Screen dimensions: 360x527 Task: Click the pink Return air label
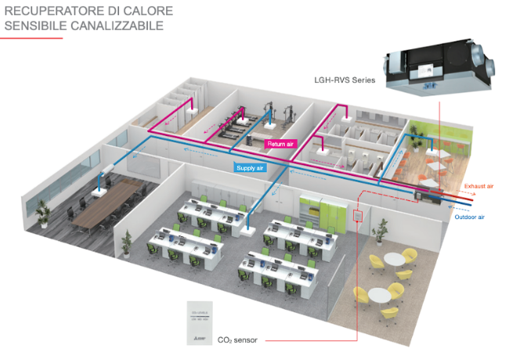click(x=280, y=144)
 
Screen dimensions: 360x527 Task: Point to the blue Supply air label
click(x=249, y=167)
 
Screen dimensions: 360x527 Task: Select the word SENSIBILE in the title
click(x=34, y=26)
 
